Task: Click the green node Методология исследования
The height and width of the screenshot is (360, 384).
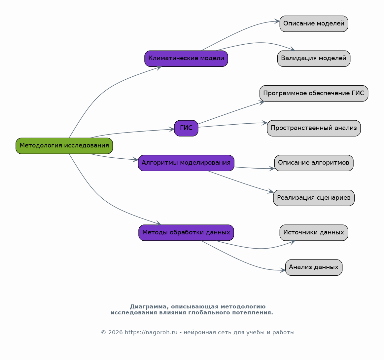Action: coord(64,146)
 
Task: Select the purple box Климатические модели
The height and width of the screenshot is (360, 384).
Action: coord(186,59)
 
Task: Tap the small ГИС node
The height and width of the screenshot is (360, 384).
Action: coord(186,128)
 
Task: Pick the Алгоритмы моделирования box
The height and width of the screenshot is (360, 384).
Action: coord(186,163)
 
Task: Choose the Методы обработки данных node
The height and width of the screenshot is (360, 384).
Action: coord(186,233)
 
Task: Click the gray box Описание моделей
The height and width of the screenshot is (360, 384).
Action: coord(314,24)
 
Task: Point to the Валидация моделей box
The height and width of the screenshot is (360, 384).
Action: coord(314,59)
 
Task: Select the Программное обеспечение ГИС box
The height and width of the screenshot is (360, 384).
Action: coord(314,94)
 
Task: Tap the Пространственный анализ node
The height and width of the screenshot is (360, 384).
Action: coord(314,128)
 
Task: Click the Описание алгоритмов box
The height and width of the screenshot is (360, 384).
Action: coord(314,163)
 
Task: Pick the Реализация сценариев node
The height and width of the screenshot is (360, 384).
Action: coord(314,198)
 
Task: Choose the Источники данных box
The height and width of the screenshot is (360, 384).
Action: coord(314,233)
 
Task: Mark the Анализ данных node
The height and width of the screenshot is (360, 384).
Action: coord(314,267)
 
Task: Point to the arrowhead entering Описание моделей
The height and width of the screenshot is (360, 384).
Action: coord(277,21)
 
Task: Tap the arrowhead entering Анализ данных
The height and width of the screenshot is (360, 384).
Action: coord(283,270)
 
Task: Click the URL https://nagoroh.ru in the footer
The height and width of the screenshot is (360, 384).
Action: coord(151,333)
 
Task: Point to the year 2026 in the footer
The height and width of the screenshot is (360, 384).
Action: coord(115,333)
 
